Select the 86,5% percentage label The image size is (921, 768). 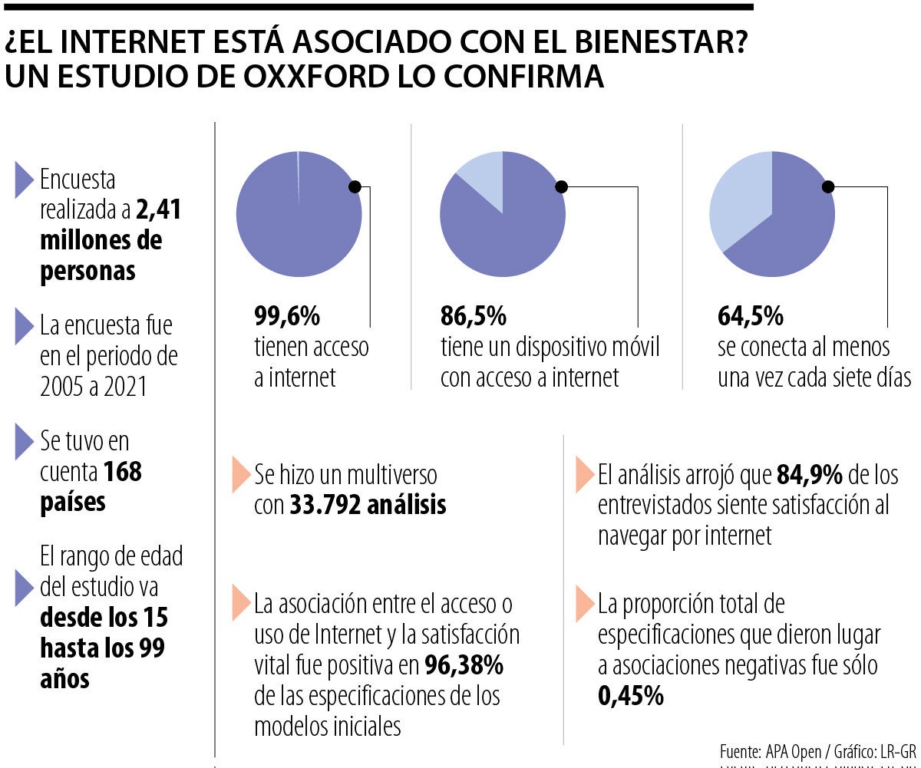pyautogui.click(x=474, y=316)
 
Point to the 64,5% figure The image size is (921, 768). pyautogui.click(x=751, y=316)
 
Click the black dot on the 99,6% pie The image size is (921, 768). pyautogui.click(x=354, y=186)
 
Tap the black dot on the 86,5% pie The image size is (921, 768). pyautogui.click(x=561, y=186)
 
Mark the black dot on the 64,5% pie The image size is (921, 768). pyautogui.click(x=828, y=186)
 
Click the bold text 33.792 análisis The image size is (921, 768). pyautogui.click(x=368, y=506)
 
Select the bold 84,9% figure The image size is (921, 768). pyautogui.click(x=810, y=475)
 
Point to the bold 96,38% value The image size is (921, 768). pyautogui.click(x=464, y=664)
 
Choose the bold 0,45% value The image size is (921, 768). pyautogui.click(x=630, y=697)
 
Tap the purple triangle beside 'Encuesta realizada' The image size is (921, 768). pyautogui.click(x=25, y=181)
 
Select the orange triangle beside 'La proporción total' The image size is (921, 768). pyautogui.click(x=585, y=605)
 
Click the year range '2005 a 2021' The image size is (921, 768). pyautogui.click(x=94, y=387)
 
